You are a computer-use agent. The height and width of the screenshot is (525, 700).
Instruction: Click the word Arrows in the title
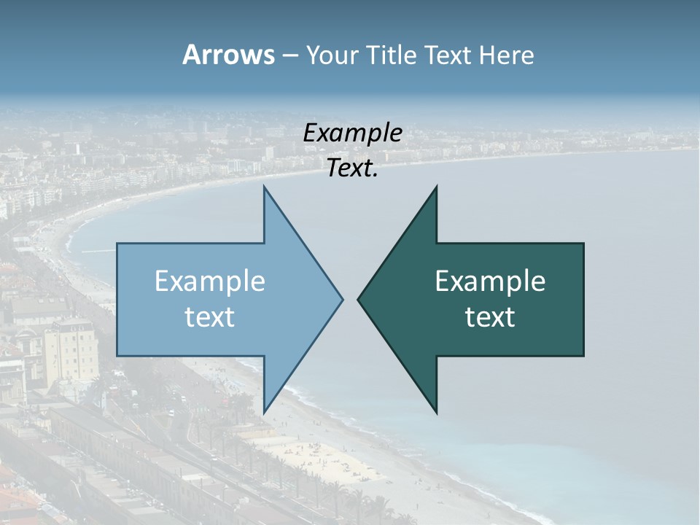point(228,55)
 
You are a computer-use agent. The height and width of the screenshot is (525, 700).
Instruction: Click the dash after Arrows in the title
point(289,56)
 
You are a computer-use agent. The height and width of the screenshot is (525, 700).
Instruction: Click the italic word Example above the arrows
point(353,133)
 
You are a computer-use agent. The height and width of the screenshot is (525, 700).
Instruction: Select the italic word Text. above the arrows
point(353,168)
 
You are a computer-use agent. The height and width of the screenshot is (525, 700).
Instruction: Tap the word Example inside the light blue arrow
point(210,281)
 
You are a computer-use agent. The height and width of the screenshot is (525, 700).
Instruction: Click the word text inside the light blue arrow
point(210,317)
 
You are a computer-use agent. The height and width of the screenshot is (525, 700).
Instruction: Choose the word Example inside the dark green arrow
point(490,281)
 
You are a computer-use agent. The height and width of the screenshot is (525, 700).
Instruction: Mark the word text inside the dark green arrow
point(490,317)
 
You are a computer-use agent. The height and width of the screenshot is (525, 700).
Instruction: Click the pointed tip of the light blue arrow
point(342,299)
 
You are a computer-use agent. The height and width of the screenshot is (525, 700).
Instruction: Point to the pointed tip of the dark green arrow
point(358,299)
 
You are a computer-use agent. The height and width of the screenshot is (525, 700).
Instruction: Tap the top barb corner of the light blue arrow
point(264,187)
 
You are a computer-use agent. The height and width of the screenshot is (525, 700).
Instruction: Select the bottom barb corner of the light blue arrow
point(264,411)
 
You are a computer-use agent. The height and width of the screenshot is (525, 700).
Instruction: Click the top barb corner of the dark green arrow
point(436,187)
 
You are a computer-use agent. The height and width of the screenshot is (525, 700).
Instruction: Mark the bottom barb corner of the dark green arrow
point(436,411)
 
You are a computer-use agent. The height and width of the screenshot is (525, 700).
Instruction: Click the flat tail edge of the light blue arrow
point(118,299)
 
